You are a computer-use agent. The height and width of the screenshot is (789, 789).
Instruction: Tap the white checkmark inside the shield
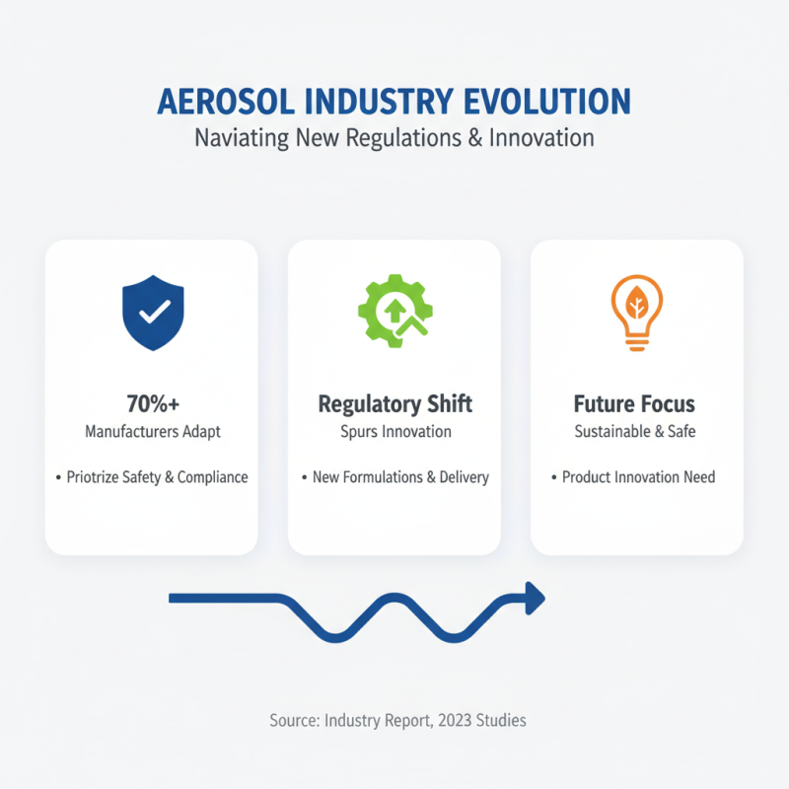(x=152, y=313)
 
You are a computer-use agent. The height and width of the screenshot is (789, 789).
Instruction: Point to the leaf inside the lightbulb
(x=636, y=301)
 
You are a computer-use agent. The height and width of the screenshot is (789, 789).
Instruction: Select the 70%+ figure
(x=152, y=403)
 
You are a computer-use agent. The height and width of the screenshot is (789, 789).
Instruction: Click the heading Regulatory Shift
(x=394, y=403)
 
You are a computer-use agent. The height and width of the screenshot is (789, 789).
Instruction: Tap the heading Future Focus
(x=636, y=403)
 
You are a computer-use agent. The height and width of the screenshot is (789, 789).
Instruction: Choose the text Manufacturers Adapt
(x=152, y=431)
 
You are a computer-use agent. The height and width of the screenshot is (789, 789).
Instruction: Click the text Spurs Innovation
(x=394, y=431)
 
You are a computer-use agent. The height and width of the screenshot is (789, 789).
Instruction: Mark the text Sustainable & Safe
(x=636, y=431)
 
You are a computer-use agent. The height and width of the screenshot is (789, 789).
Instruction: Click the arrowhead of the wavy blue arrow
(x=534, y=598)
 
